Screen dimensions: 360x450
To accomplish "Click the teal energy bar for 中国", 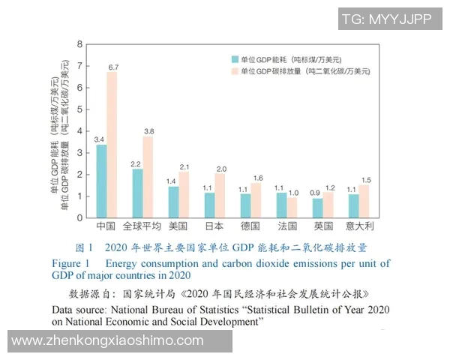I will pyautogui.click(x=101, y=181).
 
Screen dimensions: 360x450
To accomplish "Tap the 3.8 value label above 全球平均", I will pyautogui.click(x=149, y=131).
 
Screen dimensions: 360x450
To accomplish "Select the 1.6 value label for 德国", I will pyautogui.click(x=257, y=178).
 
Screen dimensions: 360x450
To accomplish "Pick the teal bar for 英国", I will pyautogui.click(x=317, y=208).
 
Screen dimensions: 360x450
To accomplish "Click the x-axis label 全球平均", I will pyautogui.click(x=142, y=226).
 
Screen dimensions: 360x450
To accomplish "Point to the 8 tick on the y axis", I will pyautogui.click(x=80, y=44).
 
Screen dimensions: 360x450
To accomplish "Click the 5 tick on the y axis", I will pyautogui.click(x=80, y=109).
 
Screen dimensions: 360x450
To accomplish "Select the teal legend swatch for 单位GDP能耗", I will pyautogui.click(x=235, y=58).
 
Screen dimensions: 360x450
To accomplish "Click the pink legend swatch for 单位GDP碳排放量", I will pyautogui.click(x=235, y=71).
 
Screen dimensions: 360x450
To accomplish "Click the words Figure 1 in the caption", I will pyautogui.click(x=70, y=263).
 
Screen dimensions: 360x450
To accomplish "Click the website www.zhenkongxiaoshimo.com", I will pyautogui.click(x=108, y=340).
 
